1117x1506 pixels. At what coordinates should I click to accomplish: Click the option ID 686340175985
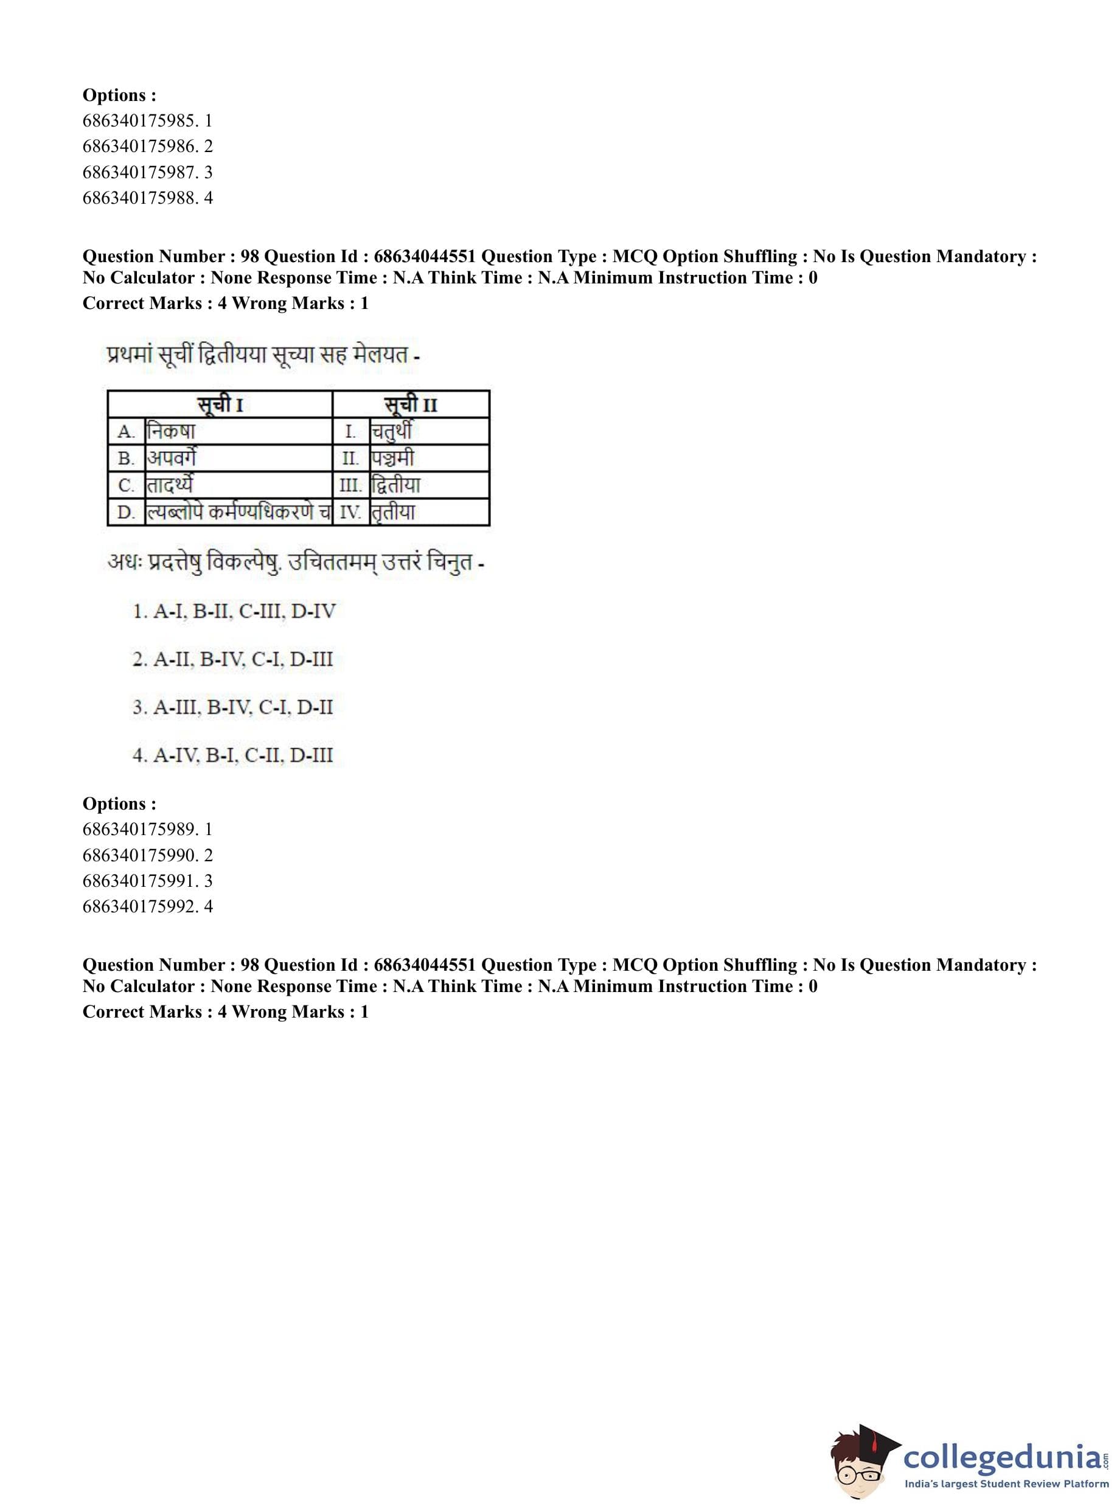147,121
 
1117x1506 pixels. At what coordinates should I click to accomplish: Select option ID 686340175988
147,198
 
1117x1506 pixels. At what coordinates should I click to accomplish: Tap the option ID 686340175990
147,855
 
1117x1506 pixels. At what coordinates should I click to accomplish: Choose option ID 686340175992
147,906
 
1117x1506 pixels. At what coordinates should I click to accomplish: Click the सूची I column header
220,405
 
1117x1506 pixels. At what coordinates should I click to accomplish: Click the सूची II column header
411,405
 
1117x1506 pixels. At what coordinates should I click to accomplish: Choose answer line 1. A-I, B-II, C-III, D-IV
234,612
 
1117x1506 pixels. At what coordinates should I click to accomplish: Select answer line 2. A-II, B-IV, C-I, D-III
232,659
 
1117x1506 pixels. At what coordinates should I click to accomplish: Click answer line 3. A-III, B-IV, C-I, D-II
232,708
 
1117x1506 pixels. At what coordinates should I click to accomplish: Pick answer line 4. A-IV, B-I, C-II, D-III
232,755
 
